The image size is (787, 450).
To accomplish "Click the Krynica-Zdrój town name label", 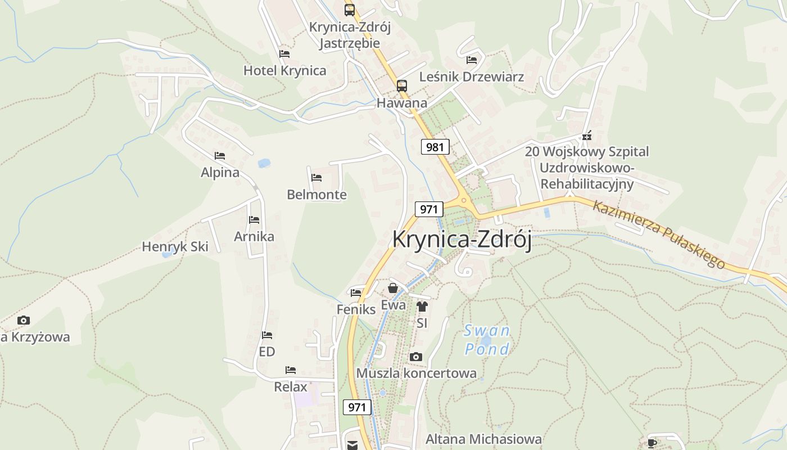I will [462, 239].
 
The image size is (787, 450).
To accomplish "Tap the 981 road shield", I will [435, 147].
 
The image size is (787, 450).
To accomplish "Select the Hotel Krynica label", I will [284, 70].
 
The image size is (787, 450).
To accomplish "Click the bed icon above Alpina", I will [220, 156].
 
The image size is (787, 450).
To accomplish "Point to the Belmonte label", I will [316, 195].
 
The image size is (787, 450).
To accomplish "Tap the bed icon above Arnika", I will [254, 220].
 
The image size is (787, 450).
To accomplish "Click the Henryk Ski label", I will [175, 246].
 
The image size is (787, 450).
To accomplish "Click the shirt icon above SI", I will [422, 307].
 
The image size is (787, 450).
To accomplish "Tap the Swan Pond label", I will [487, 340].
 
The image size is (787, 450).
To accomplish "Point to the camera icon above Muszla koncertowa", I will [416, 357].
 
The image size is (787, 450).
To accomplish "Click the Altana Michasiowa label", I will [483, 439].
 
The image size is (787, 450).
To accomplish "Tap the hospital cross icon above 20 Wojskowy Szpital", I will [587, 136].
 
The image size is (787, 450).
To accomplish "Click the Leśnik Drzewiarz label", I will [472, 76].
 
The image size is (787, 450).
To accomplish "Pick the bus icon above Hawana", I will [401, 86].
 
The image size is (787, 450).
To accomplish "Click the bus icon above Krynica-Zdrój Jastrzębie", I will [350, 10].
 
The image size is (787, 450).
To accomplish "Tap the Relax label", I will [291, 387].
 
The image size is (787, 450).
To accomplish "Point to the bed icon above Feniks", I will [356, 292].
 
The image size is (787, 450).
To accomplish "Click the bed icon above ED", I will [267, 335].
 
